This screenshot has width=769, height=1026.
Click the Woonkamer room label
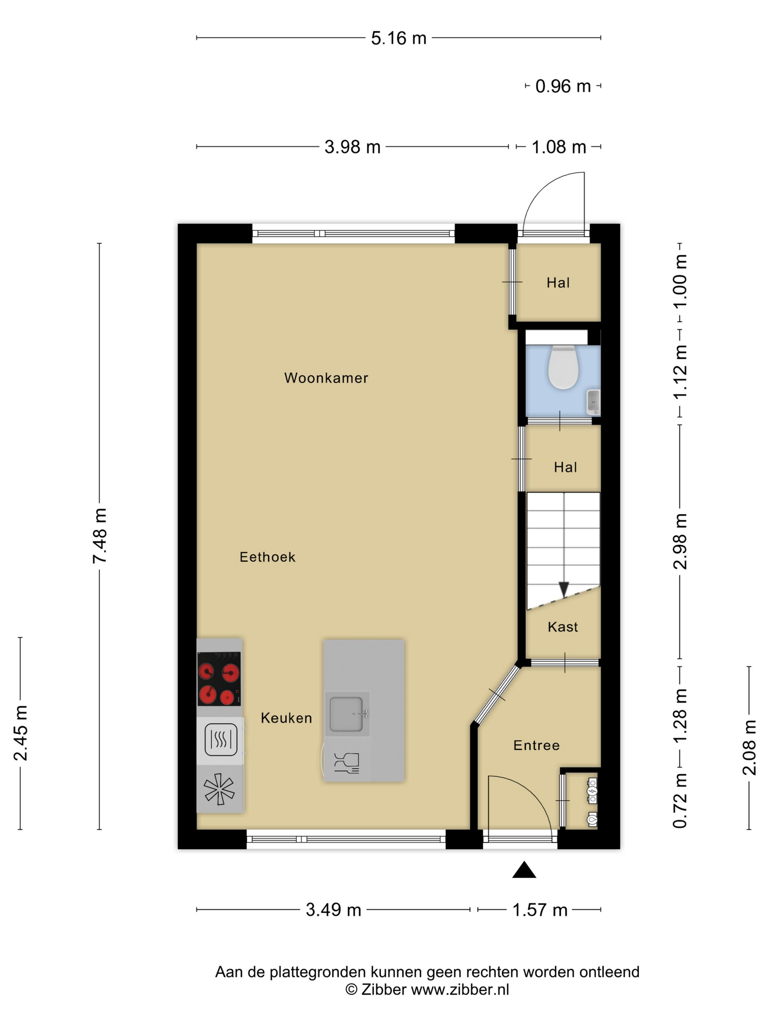point(326,378)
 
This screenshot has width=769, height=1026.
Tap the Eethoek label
point(267,557)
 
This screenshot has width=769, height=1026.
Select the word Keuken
point(286,718)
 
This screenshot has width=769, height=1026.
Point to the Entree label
point(536,745)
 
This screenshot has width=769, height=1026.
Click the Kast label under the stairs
point(563,627)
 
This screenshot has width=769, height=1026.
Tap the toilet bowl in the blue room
point(563,368)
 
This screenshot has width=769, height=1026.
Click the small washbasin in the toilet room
point(593,402)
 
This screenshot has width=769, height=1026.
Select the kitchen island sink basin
point(347,714)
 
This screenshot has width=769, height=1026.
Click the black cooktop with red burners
point(219,679)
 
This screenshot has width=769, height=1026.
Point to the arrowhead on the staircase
point(564,589)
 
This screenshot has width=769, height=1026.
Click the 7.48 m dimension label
point(100,536)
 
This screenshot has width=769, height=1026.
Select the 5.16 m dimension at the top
point(399,38)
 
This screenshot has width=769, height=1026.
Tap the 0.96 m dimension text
point(563,86)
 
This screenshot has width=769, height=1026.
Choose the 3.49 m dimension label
point(333,910)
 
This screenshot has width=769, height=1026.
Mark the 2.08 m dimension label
point(750,747)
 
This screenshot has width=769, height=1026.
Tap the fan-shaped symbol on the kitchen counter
point(219,789)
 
